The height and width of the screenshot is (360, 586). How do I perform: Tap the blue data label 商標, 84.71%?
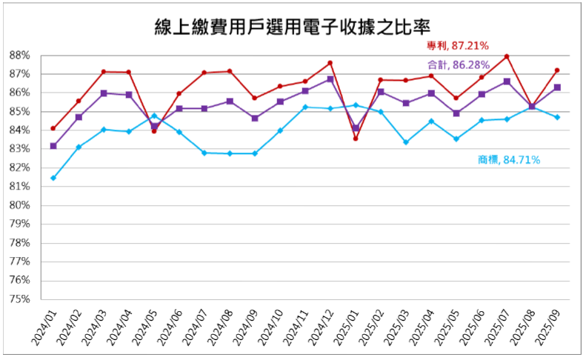(x=509, y=159)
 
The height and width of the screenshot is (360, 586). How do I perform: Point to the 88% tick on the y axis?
(x=19, y=56)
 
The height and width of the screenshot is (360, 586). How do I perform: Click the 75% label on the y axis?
(x=19, y=299)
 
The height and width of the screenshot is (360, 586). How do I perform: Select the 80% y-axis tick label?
(x=19, y=205)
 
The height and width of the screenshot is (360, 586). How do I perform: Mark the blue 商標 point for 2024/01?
(x=53, y=178)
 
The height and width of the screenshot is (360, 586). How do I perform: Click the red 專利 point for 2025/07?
(x=507, y=56)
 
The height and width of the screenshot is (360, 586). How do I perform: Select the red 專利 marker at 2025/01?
(x=356, y=139)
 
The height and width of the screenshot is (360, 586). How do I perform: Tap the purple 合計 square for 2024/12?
(x=330, y=79)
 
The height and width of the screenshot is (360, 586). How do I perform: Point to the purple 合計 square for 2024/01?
(x=53, y=146)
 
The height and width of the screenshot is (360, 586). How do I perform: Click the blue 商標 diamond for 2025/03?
(x=406, y=142)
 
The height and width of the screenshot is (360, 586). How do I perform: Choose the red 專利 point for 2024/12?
(x=330, y=63)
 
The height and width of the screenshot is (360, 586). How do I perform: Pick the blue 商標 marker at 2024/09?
(x=255, y=153)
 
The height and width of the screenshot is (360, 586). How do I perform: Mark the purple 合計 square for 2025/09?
(x=557, y=87)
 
